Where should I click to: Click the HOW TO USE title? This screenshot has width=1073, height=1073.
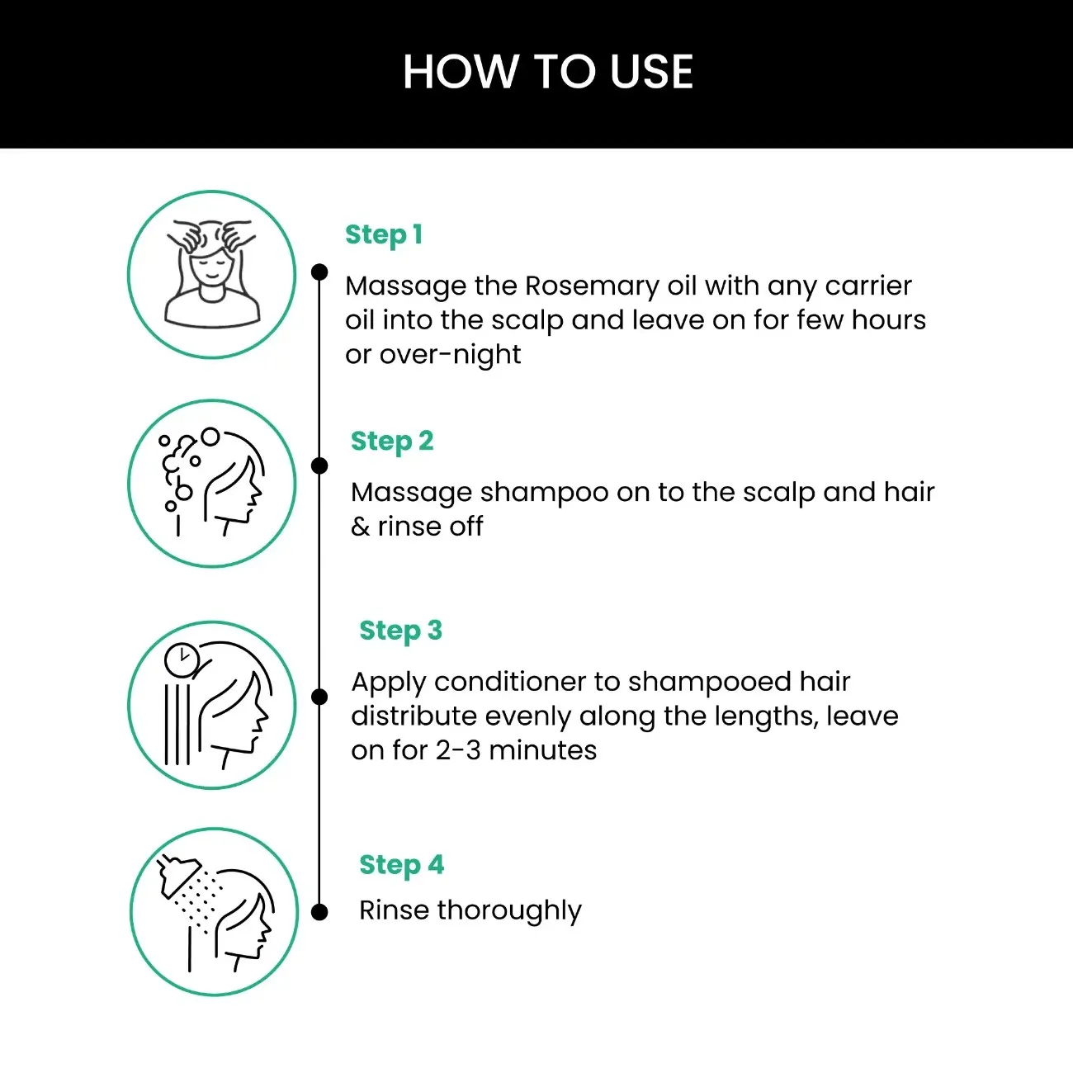(547, 72)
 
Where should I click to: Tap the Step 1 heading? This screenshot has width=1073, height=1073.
(384, 234)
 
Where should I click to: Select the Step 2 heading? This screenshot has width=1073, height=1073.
(392, 441)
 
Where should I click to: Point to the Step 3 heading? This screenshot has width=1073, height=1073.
(401, 631)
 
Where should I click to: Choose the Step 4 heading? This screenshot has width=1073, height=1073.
(402, 865)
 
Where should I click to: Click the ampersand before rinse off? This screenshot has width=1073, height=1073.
(360, 527)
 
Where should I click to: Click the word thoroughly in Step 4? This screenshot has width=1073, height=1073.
(509, 910)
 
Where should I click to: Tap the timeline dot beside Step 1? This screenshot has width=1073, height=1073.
(319, 272)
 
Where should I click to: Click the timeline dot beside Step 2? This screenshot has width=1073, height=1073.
(319, 466)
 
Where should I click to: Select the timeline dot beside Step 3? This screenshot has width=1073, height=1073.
(319, 697)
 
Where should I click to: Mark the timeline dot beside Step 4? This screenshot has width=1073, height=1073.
(319, 912)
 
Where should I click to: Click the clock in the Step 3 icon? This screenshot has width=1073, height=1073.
(181, 659)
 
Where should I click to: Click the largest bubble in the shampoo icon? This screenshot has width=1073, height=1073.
(210, 437)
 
